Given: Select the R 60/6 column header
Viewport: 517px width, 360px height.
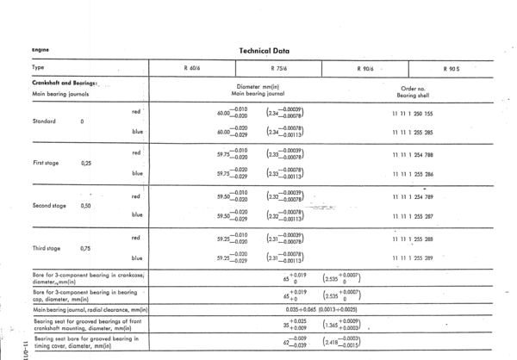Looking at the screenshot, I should pos(192,68).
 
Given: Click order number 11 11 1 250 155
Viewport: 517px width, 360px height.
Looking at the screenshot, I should pos(412,113).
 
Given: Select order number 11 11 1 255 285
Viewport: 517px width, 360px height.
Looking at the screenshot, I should pos(412,132).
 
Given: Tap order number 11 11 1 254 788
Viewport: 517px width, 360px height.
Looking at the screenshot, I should pos(412,154).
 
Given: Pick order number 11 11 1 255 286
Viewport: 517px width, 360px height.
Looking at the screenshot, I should pos(412,174).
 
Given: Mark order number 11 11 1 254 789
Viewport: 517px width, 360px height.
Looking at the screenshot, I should pos(412,196).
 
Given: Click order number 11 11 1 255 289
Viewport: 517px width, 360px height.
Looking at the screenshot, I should pos(412,258).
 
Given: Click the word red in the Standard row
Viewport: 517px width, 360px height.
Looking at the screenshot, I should pos(137,111).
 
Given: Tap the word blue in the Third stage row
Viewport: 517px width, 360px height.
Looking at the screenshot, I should pos(137,258).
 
